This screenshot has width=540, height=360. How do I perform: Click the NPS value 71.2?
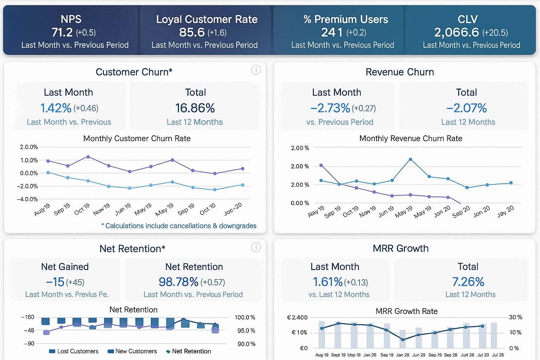point(62,32)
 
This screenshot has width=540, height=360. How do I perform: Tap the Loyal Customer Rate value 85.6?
point(192,32)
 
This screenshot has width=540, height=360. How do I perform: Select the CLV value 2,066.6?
point(456,32)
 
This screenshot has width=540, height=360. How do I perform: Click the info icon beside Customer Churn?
point(256,70)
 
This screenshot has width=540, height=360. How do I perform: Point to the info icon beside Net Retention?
point(256,247)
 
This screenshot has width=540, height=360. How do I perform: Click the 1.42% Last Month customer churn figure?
point(56,108)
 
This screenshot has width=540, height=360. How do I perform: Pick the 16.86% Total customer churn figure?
point(195,108)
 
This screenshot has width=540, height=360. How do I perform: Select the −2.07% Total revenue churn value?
point(467,108)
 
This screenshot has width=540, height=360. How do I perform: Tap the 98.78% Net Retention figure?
point(179,282)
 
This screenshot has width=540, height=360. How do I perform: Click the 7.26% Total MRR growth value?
point(468,282)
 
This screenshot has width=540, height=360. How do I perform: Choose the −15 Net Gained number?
point(55,282)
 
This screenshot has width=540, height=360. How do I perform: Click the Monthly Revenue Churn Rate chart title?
point(411,139)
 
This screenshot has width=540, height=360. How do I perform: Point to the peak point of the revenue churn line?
point(410,160)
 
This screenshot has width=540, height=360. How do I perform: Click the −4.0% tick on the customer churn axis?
point(27,199)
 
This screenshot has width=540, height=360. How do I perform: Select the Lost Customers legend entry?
point(74,351)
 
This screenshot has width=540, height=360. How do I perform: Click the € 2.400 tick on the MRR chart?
point(297,317)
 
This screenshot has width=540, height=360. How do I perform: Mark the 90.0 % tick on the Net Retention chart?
point(246,344)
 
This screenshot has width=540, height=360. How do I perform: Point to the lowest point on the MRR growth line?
point(403,340)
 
